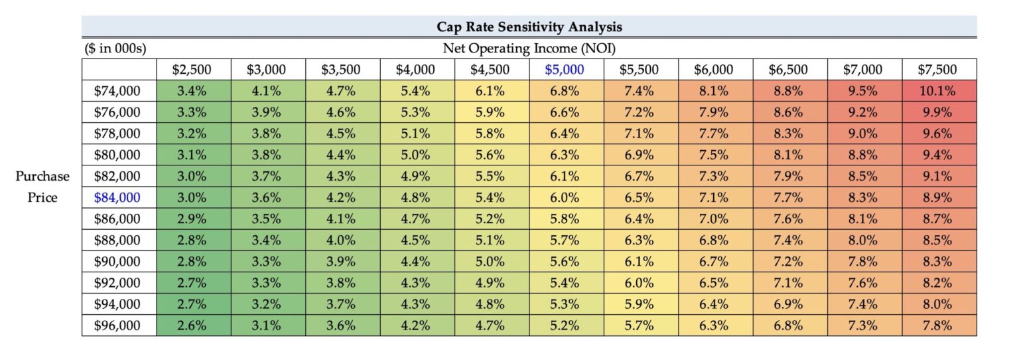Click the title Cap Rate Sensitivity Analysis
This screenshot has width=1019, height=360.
point(529,27)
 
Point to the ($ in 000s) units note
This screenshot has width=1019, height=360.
point(115,48)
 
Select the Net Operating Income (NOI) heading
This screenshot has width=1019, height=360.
point(529,48)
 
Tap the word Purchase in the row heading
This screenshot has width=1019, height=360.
point(43,176)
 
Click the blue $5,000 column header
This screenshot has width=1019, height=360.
point(564,70)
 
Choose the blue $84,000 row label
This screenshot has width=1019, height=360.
point(117,197)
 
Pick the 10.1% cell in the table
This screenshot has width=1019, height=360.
point(937,91)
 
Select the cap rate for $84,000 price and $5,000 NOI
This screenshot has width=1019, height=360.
point(564,197)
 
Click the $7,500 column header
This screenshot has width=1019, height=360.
point(937,70)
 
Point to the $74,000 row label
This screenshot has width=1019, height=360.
point(117,91)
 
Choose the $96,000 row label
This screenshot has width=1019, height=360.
point(117,325)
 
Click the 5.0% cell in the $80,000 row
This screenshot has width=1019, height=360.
point(415,155)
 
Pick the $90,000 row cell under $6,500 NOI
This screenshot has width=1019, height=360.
point(788,262)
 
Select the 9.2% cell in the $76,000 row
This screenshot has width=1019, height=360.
point(863,112)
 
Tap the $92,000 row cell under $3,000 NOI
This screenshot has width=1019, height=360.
point(267,283)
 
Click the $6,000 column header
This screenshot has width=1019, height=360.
point(714,70)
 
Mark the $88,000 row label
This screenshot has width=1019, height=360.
point(117,240)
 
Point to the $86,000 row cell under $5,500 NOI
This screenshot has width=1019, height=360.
point(639,219)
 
